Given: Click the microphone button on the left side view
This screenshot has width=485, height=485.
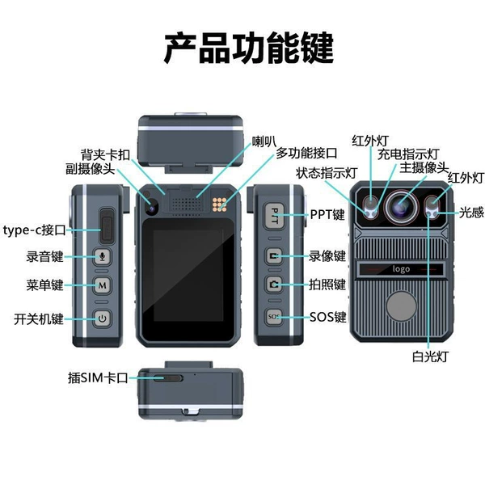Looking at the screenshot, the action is click(x=102, y=256).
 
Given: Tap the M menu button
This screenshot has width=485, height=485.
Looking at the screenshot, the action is click(x=102, y=285).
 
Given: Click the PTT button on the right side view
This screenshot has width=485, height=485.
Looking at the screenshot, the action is click(x=274, y=216).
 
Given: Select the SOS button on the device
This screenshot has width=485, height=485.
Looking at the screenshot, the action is click(x=274, y=317).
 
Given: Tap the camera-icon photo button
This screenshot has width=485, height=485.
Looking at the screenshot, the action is click(x=274, y=285).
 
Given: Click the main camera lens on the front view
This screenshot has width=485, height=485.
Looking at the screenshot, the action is click(x=402, y=205).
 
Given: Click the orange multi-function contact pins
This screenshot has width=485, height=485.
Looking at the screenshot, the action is click(x=219, y=205).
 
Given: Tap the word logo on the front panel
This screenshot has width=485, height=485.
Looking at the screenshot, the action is click(x=401, y=269).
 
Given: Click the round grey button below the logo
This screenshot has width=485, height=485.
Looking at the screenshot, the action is click(x=402, y=306).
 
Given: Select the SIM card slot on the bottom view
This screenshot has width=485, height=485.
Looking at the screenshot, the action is click(x=168, y=378).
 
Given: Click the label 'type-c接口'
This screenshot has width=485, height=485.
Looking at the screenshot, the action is click(x=34, y=230).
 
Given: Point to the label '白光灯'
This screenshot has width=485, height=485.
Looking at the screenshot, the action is click(x=430, y=356).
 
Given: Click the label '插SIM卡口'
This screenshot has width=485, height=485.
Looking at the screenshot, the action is click(x=98, y=377).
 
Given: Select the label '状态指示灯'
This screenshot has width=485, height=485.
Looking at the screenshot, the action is click(x=327, y=173).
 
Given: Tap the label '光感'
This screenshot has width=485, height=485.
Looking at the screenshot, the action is click(x=471, y=213).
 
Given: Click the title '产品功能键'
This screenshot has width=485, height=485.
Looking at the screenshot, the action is click(x=249, y=48).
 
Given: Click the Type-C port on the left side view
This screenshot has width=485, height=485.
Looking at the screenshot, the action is click(x=107, y=226).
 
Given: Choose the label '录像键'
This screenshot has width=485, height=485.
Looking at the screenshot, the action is click(x=327, y=256).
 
